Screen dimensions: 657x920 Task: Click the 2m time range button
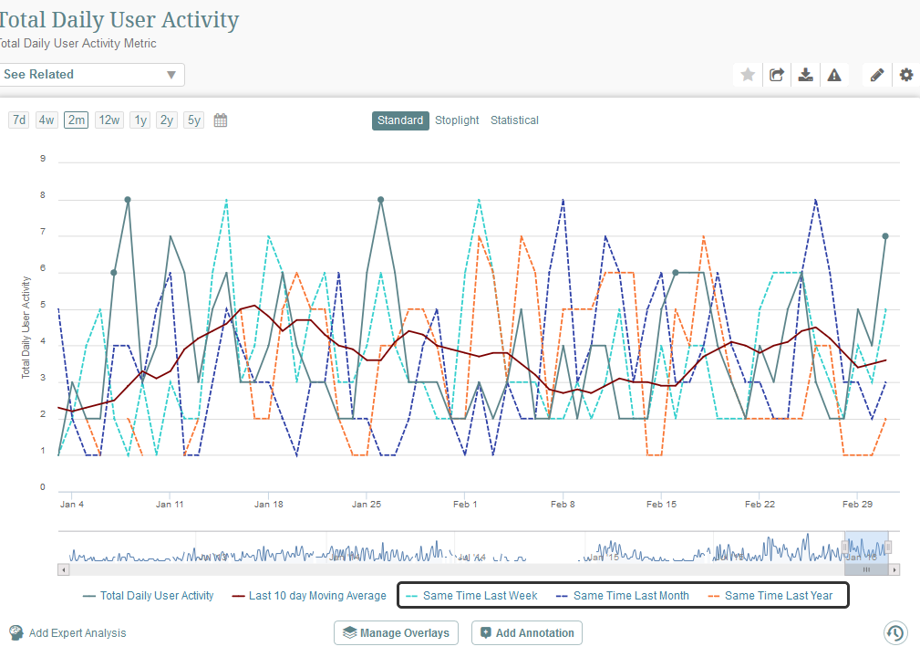pyautogui.click(x=77, y=120)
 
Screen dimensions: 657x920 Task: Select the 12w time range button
pyautogui.click(x=109, y=120)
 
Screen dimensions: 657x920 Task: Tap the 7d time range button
pyautogui.click(x=18, y=120)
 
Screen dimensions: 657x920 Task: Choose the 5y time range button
pyautogui.click(x=193, y=120)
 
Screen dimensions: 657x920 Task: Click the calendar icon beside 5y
pyautogui.click(x=220, y=120)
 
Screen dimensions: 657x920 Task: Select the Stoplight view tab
pyautogui.click(x=457, y=120)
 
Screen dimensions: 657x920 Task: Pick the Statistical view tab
pyautogui.click(x=514, y=120)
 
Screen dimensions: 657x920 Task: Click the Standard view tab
pyautogui.click(x=400, y=120)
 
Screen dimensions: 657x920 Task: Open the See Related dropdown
pyautogui.click(x=91, y=75)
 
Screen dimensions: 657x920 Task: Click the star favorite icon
pyautogui.click(x=748, y=75)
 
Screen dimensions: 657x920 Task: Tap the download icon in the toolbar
pyautogui.click(x=805, y=75)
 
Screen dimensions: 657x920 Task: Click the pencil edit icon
pyautogui.click(x=877, y=75)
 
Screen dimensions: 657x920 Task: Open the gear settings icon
pyautogui.click(x=905, y=75)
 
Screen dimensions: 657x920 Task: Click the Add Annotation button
pyautogui.click(x=526, y=633)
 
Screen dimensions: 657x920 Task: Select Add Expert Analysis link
pyautogui.click(x=77, y=633)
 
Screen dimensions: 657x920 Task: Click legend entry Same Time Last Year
pyautogui.click(x=778, y=596)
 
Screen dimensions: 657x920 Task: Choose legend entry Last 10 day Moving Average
pyautogui.click(x=316, y=596)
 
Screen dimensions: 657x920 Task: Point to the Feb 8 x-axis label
pyautogui.click(x=563, y=504)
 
